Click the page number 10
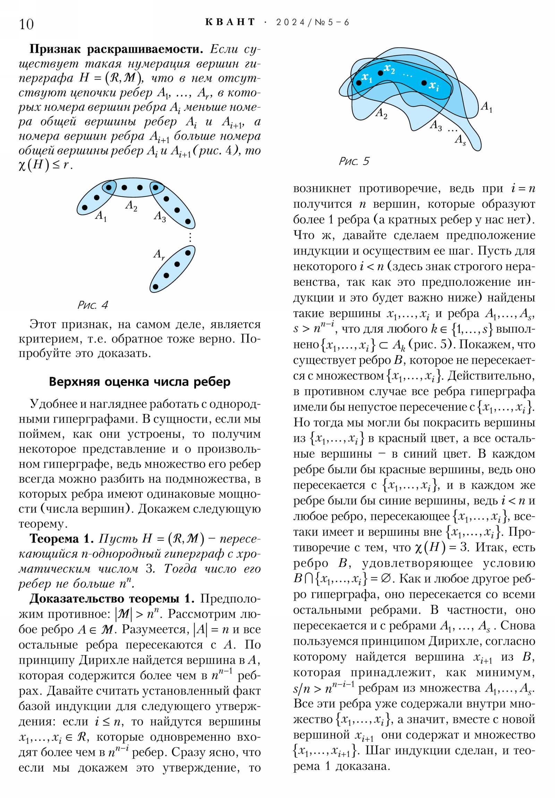(x=26, y=24)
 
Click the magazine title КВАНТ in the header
(x=230, y=22)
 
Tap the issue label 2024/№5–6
(x=313, y=23)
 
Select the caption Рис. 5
(x=354, y=161)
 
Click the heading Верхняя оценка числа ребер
(x=139, y=382)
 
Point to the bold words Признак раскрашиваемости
(x=116, y=49)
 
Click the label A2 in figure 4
(x=131, y=205)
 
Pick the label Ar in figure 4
(x=159, y=254)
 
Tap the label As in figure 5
(x=460, y=140)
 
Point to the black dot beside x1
(x=359, y=83)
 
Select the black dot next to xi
(x=424, y=83)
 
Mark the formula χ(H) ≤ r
(x=45, y=165)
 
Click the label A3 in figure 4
(x=160, y=217)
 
